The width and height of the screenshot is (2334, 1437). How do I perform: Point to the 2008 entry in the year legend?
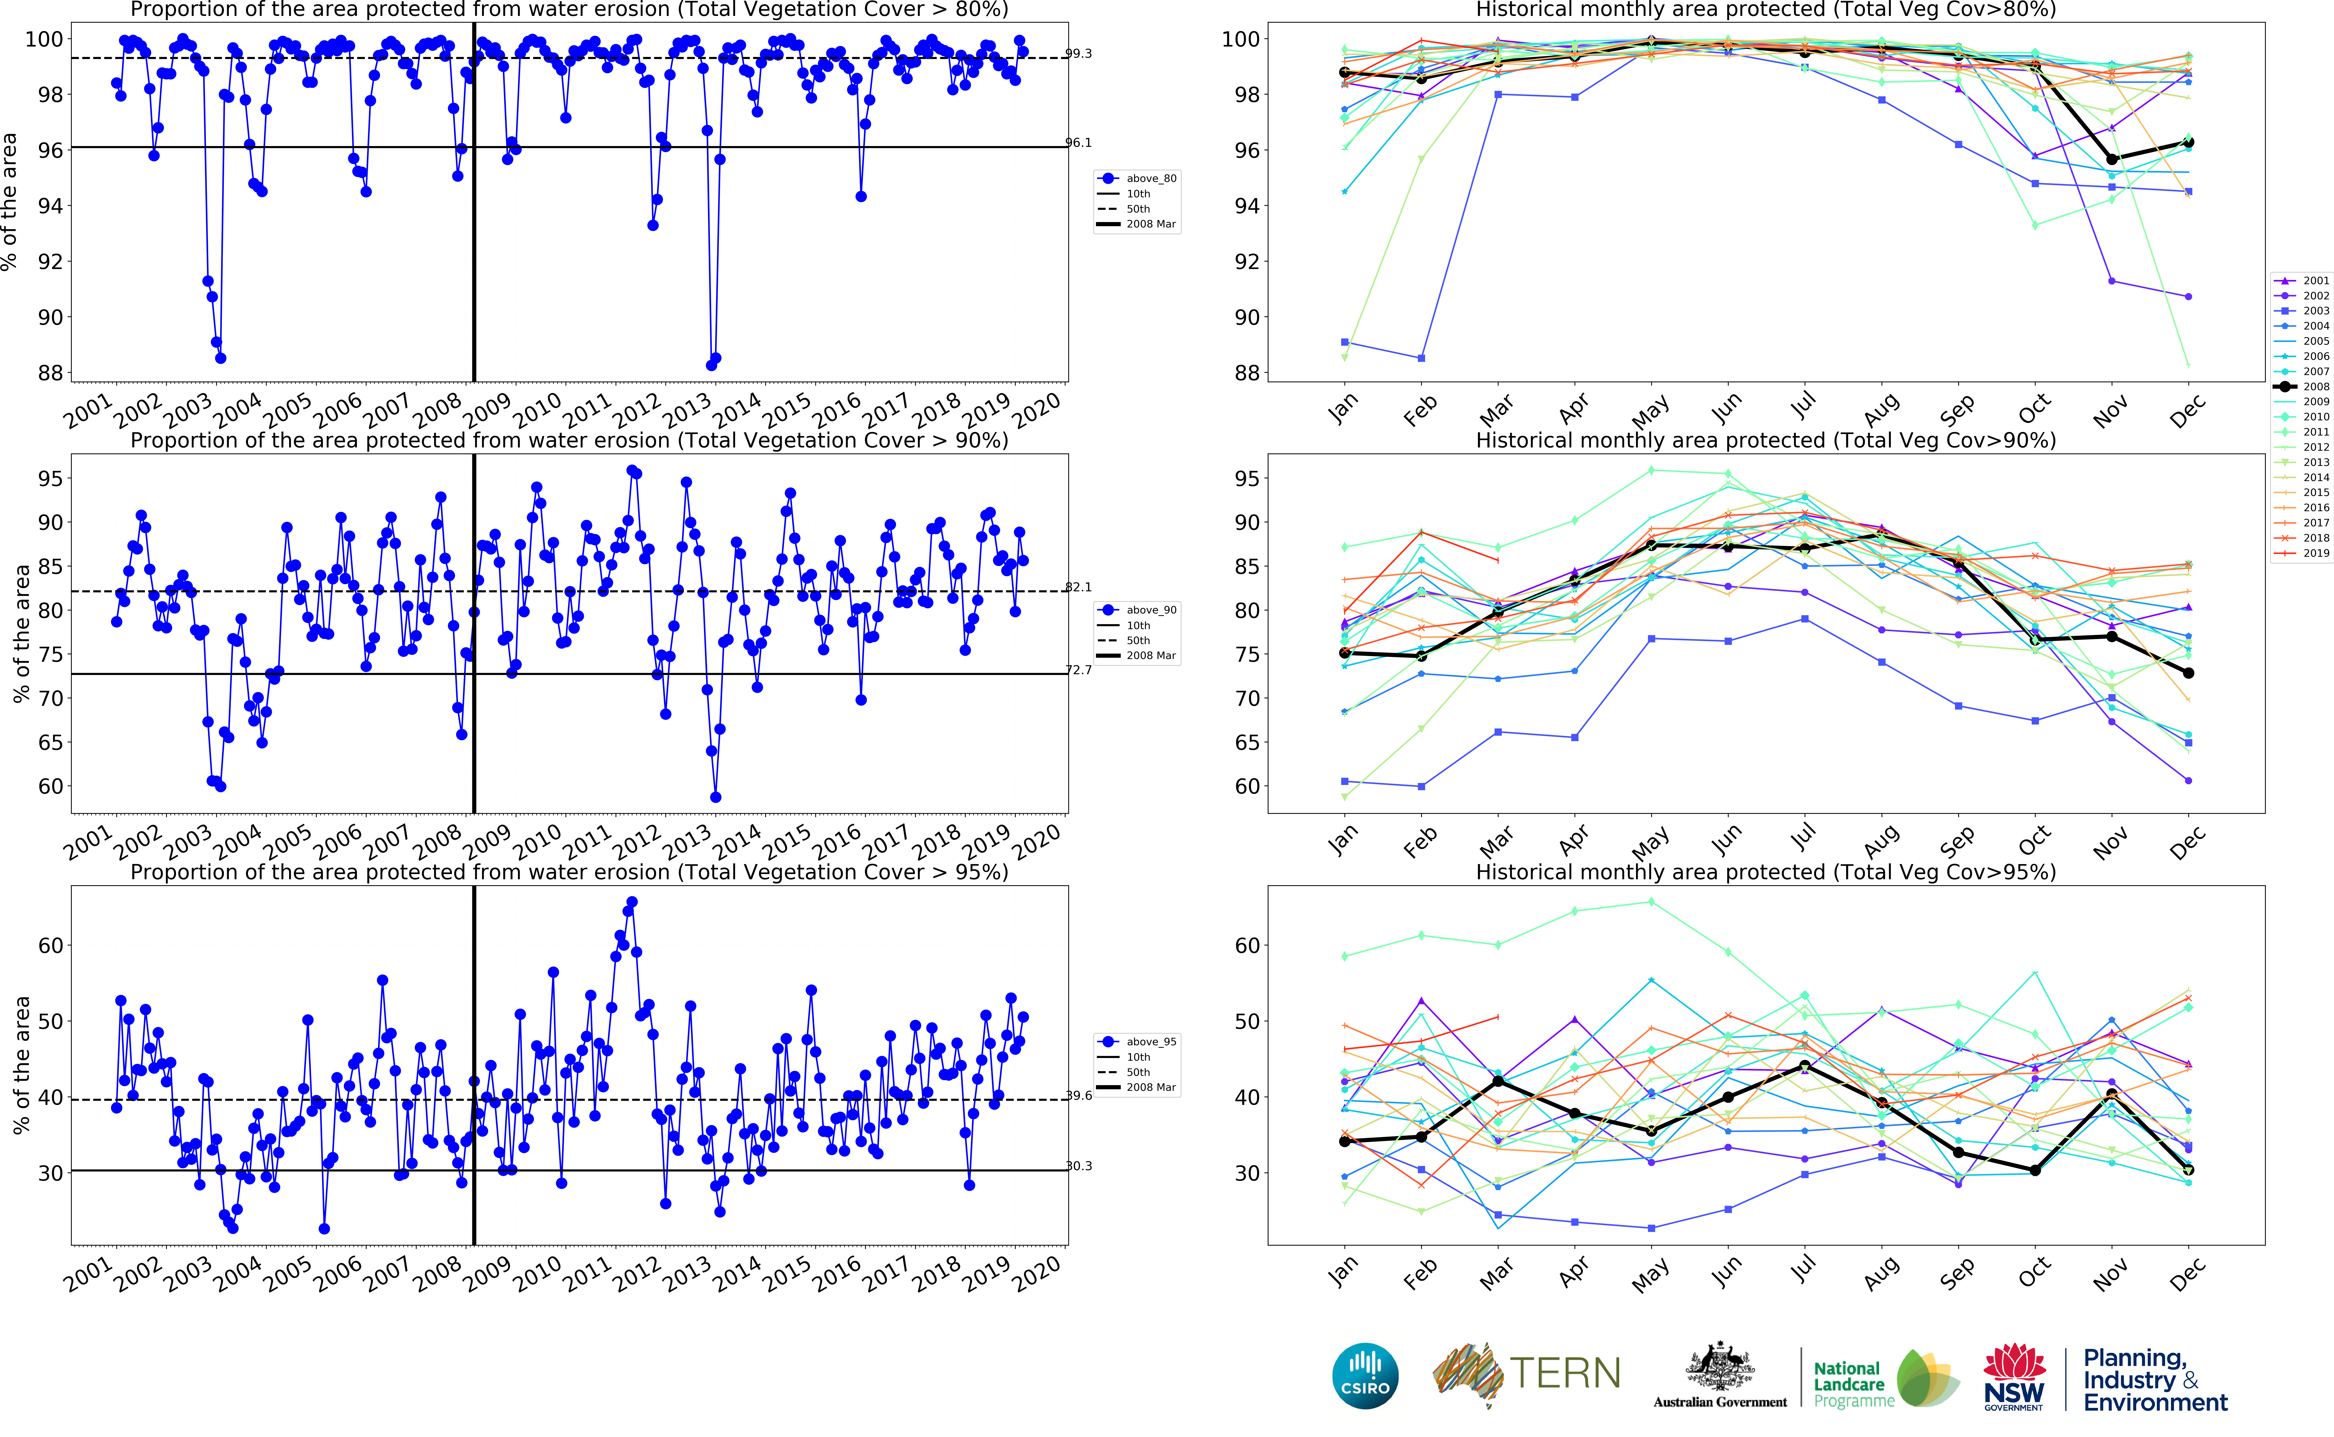click(x=2305, y=387)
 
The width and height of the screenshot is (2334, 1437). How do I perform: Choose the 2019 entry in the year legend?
click(x=2305, y=553)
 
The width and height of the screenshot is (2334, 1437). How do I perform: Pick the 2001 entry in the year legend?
click(x=2305, y=280)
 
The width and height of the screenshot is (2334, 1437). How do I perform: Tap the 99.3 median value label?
click(x=1078, y=53)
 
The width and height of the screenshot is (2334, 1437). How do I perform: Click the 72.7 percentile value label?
click(x=1078, y=670)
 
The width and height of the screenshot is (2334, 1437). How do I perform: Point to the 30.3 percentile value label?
click(x=1078, y=1166)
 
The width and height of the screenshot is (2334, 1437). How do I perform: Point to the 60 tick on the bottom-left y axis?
click(x=50, y=946)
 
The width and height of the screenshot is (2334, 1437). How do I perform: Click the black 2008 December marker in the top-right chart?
click(x=2189, y=143)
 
